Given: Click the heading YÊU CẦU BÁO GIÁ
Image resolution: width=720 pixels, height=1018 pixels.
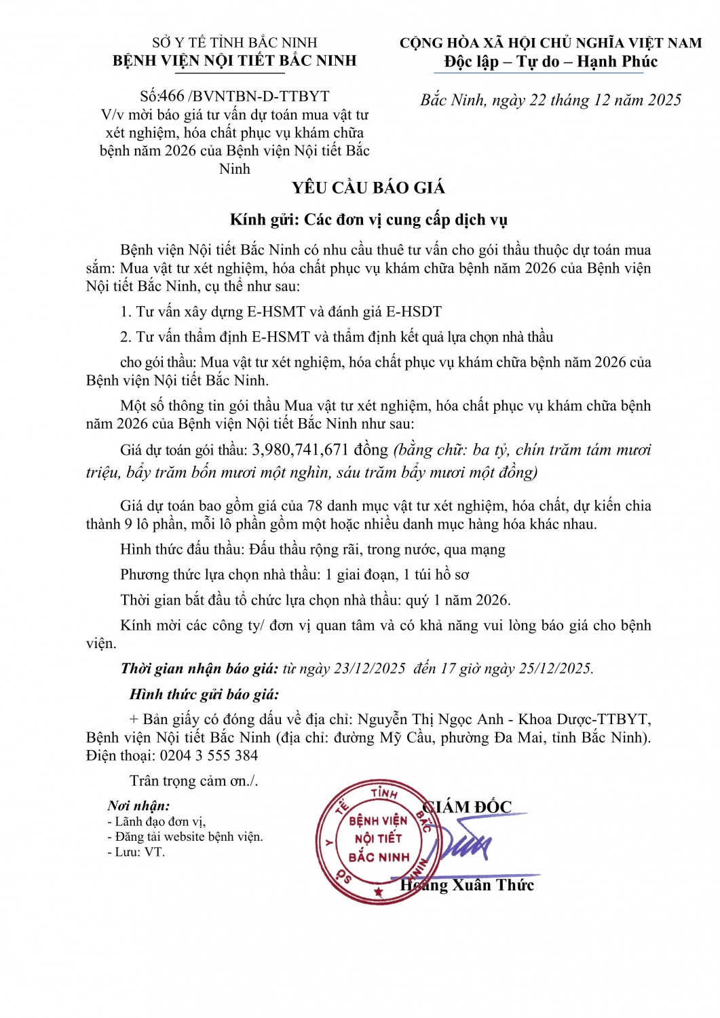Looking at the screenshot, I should point(368,188).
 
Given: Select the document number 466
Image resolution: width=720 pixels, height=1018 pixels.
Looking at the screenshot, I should point(172,96).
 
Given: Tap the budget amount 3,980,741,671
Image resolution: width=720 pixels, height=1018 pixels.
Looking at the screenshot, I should point(300,449).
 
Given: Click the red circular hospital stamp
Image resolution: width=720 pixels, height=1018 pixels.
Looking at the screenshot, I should point(377,842).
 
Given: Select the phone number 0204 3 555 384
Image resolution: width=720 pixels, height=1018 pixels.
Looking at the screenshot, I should point(208,755).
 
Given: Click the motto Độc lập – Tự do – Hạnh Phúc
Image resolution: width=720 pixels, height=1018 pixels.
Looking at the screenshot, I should point(550,62).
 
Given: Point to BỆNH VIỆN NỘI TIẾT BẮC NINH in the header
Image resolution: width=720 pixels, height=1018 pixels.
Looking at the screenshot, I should point(235,60).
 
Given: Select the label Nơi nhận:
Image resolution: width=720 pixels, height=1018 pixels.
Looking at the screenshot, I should point(138,806).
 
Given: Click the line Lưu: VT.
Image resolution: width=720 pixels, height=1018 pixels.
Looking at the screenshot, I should point(139,852).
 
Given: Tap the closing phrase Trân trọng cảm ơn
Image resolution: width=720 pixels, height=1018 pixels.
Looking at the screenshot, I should point(193,780).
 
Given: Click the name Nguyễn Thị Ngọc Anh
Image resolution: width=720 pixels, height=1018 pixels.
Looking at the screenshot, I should point(430,719).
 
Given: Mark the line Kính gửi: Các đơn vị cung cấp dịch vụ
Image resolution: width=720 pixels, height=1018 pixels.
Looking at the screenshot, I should point(368,219).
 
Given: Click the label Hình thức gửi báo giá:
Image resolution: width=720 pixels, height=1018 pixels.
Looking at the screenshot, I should point(204,694).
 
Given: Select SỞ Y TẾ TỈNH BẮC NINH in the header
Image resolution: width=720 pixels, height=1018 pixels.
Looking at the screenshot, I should point(235,43).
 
